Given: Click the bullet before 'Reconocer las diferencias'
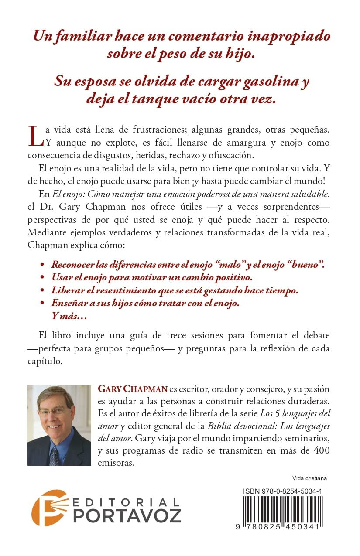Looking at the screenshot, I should pos(42,265).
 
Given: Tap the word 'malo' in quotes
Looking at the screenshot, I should pos(238,265).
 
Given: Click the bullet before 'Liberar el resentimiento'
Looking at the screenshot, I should pos(42,290).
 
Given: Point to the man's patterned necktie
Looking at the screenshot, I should pos(54,454).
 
